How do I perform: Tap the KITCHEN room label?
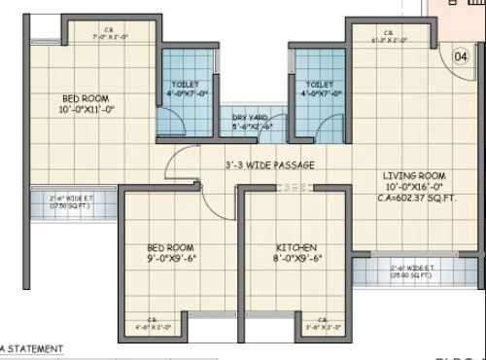pyautogui.click(x=295, y=248)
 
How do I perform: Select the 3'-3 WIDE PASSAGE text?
pyautogui.click(x=268, y=165)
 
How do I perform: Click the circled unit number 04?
pyautogui.click(x=461, y=57)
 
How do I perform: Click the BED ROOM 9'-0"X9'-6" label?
pyautogui.click(x=171, y=253)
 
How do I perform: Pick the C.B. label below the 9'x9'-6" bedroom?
pyautogui.click(x=155, y=325)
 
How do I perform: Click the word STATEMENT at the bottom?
pyautogui.click(x=36, y=347)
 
